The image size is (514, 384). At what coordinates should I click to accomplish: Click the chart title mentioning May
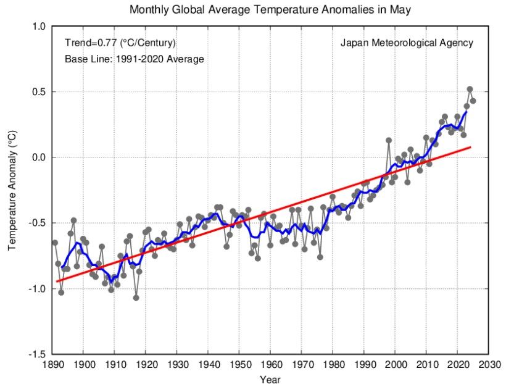pos(270,10)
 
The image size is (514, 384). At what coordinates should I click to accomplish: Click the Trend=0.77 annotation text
pos(120,43)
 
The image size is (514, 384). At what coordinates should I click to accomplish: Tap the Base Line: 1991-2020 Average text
pos(134,59)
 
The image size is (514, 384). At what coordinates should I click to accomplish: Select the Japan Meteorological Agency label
pos(407,43)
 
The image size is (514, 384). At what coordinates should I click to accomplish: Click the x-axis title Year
pos(270,378)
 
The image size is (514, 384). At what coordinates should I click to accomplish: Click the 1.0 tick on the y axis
pos(39,27)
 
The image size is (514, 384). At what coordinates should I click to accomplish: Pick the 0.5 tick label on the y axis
pos(39,92)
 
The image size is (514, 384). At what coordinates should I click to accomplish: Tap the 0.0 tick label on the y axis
pos(39,157)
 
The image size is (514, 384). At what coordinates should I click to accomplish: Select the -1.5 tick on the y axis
pos(38,354)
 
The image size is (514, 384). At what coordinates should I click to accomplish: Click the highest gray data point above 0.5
pos(470,90)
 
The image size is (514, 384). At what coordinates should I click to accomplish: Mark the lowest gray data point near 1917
pos(136,298)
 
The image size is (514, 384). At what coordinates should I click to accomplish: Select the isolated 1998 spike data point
pos(389,140)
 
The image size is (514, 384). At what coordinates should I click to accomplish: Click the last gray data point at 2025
pos(473,101)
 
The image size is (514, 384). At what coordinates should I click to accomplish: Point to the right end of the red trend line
pos(471,147)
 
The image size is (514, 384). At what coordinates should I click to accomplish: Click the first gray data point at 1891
pos(55,243)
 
